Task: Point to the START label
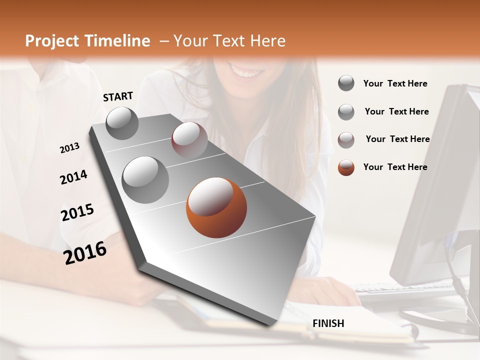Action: (x=118, y=96)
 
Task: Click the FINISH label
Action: (x=328, y=323)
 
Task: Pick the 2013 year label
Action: (x=70, y=148)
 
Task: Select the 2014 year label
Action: (x=73, y=177)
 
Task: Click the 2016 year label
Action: (x=85, y=253)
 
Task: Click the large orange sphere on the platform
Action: (x=216, y=207)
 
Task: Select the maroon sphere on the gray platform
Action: (x=189, y=140)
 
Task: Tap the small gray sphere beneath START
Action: (x=122, y=123)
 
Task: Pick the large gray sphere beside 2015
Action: (x=145, y=179)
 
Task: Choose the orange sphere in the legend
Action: (x=346, y=167)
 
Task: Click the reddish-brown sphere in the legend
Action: (x=346, y=140)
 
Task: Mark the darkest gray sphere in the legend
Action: (x=346, y=83)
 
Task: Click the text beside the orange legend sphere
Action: (x=395, y=167)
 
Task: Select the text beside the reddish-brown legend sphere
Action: (x=397, y=139)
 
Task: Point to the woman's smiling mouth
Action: (x=245, y=72)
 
